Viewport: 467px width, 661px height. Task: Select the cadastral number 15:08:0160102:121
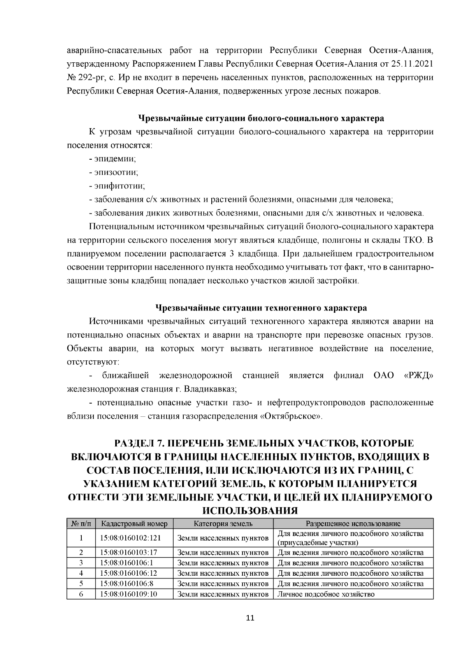[130, 538]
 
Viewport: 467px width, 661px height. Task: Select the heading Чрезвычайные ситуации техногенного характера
[261, 308]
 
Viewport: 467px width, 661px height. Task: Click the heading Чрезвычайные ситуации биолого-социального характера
[261, 118]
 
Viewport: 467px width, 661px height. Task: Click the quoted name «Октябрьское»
[291, 416]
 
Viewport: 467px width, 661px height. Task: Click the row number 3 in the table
[81, 562]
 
